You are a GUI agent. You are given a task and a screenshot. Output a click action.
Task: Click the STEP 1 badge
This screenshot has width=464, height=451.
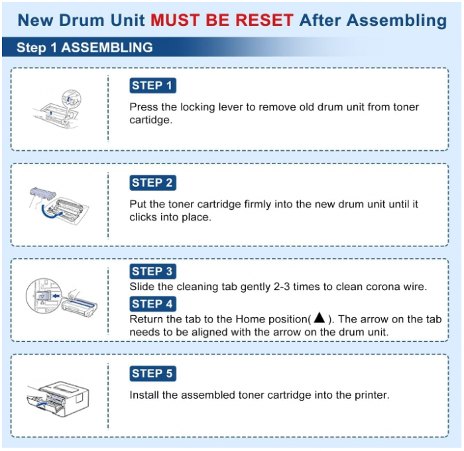point(152,85)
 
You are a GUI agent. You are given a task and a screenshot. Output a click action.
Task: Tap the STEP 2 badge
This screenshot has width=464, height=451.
point(152,183)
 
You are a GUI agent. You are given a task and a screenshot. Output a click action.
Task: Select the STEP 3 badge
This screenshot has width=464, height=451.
point(152,271)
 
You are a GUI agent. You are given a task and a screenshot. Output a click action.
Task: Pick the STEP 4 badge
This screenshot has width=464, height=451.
point(152,304)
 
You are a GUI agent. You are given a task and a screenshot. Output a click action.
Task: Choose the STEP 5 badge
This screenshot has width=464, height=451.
point(152,374)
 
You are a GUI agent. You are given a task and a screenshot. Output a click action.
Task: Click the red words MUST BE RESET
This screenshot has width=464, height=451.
point(221,20)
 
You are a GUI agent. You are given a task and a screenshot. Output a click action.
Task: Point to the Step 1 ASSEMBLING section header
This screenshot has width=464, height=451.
point(84,48)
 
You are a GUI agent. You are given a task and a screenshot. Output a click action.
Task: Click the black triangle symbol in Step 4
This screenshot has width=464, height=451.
point(319,319)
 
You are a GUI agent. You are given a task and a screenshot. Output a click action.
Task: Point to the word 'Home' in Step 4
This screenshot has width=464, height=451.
point(250,319)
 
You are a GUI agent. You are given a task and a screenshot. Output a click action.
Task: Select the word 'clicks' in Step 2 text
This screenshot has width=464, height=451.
point(144,217)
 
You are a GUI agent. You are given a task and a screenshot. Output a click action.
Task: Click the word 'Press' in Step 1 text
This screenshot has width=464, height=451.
point(143,107)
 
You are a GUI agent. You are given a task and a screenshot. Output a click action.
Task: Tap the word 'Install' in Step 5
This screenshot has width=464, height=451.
point(144,395)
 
